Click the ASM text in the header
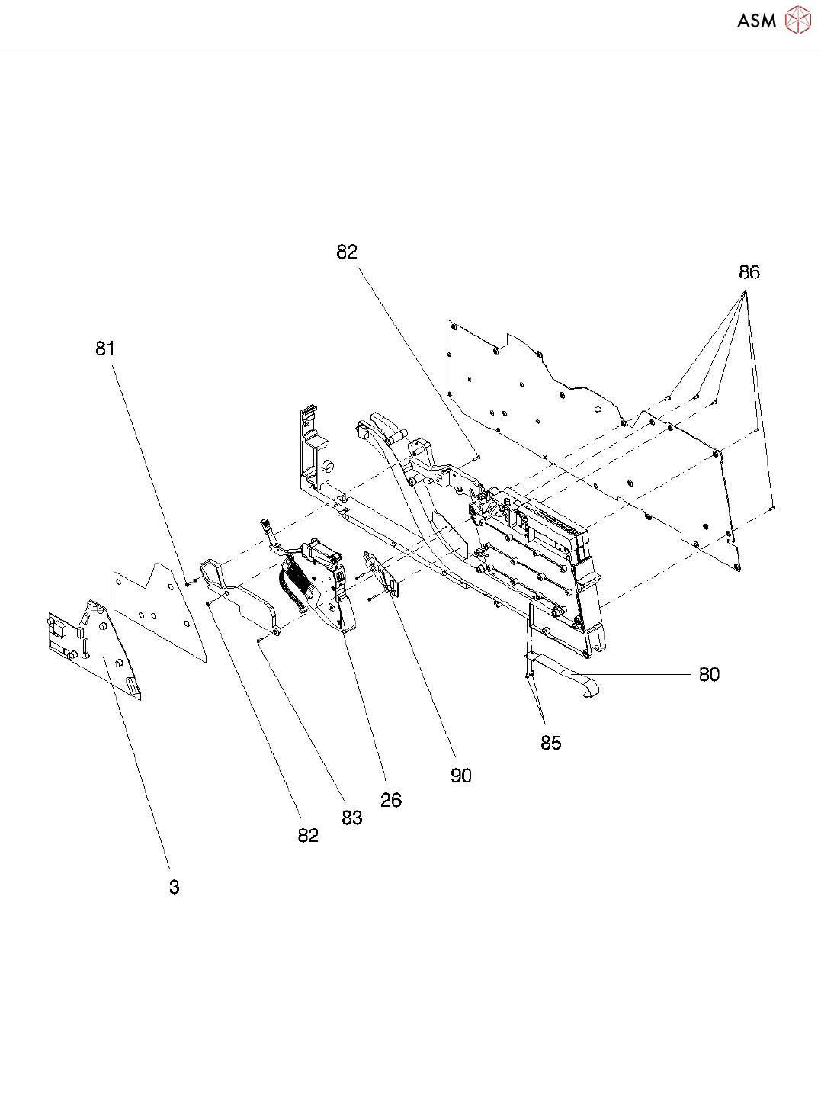(x=756, y=21)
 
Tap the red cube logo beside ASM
(x=797, y=20)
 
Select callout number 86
(x=749, y=272)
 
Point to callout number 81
(x=105, y=349)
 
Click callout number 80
(x=709, y=674)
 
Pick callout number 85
(x=550, y=743)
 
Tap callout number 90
(x=461, y=776)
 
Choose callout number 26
(x=391, y=800)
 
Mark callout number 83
(x=351, y=818)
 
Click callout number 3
(x=175, y=887)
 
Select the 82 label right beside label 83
(x=308, y=835)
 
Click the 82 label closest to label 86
(x=347, y=252)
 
